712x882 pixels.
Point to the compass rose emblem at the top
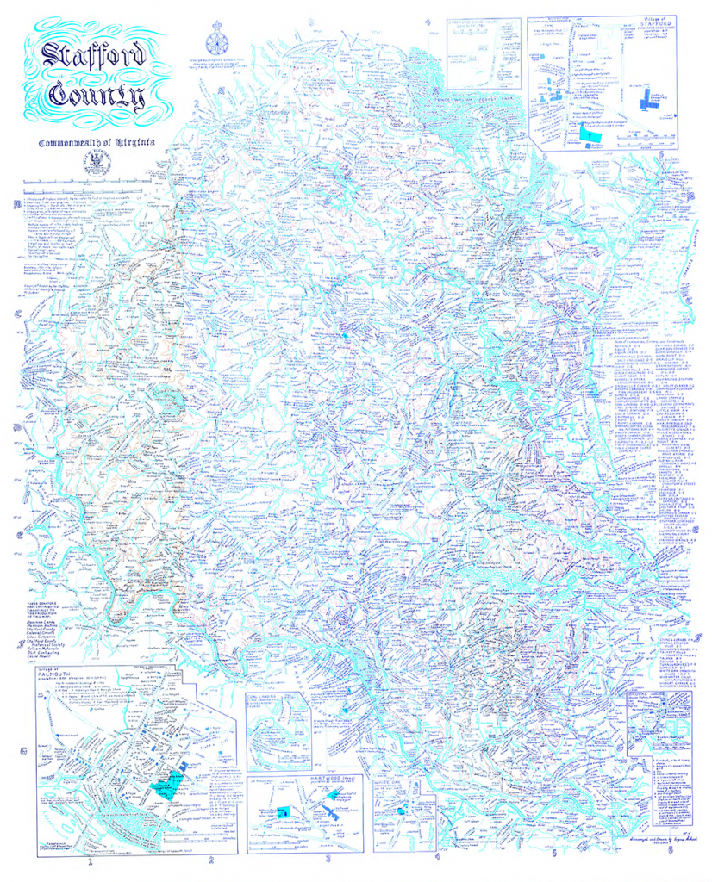pos(215,43)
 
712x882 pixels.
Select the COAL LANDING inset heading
pos(267,698)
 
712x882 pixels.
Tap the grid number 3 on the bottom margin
pos(328,857)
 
